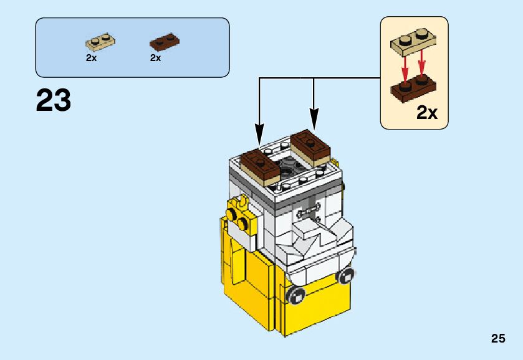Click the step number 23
coord(54,101)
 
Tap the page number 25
coord(497,339)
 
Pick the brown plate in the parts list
coord(164,43)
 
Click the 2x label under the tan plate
coord(92,58)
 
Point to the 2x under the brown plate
coord(156,58)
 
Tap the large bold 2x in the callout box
coord(427,113)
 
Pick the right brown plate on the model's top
coord(310,144)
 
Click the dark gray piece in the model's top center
coord(287,166)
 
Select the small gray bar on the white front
coord(310,211)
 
